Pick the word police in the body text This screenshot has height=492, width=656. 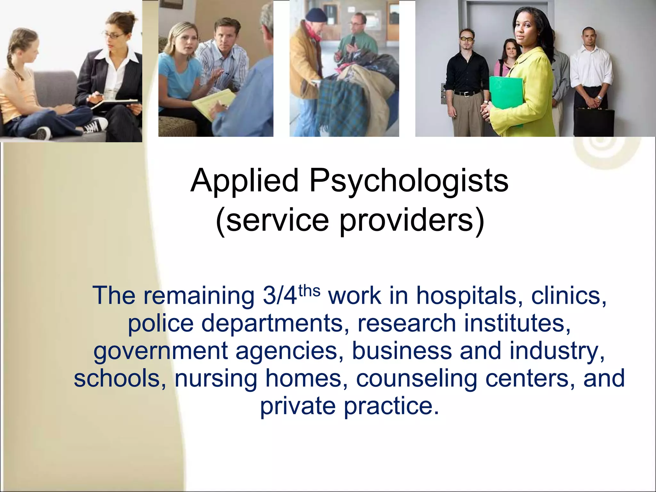[160, 324]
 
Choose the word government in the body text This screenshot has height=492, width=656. [160, 351]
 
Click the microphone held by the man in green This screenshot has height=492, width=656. [353, 40]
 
